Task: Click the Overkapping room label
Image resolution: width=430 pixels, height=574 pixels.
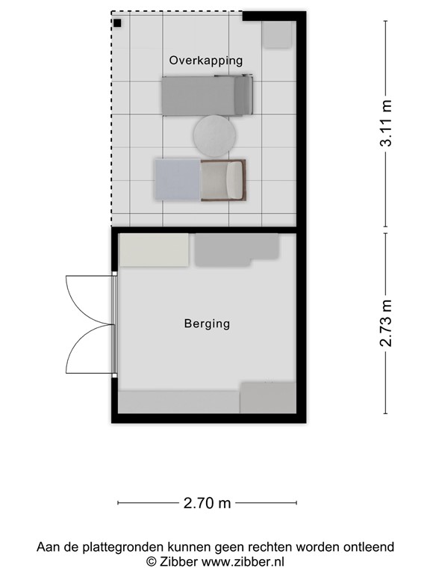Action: (206, 61)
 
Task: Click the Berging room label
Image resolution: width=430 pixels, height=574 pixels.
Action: (207, 324)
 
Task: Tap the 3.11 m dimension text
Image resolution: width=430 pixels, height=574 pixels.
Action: (386, 124)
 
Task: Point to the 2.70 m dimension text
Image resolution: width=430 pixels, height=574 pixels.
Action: (207, 503)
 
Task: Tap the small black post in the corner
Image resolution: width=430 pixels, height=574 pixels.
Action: (118, 22)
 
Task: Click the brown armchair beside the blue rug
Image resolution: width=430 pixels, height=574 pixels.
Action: (224, 180)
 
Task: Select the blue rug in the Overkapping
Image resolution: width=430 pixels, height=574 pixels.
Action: (177, 180)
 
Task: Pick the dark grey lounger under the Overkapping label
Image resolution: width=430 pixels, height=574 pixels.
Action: (208, 96)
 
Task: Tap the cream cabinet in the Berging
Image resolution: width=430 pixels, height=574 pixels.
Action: (155, 250)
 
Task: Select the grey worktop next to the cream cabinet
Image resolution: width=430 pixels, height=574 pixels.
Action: (236, 250)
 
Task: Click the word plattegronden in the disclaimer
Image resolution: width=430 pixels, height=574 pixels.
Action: (115, 547)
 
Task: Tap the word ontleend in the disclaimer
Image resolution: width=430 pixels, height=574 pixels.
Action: (366, 547)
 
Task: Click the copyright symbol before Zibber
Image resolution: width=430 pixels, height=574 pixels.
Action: (151, 561)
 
